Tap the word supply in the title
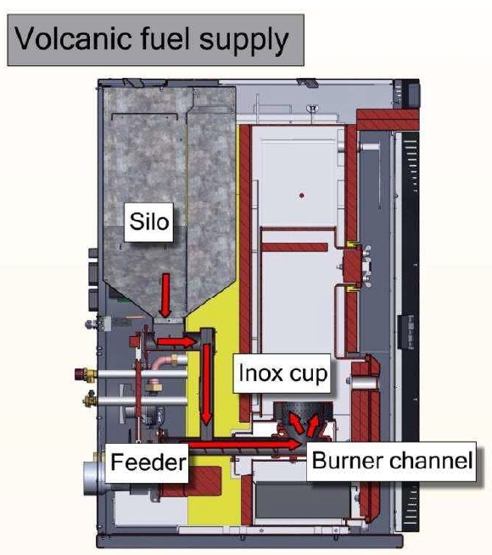point(243,42)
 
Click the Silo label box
point(149,222)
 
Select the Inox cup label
point(282,373)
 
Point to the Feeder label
point(147,462)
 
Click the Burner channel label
point(392,461)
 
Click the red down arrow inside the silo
point(165,295)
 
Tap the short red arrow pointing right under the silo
point(176,341)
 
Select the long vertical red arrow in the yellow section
point(206,384)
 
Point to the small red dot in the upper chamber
point(302,195)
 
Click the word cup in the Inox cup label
point(308,375)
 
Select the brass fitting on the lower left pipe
point(90,400)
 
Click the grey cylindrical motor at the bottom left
point(93,479)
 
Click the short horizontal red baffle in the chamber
point(294,247)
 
